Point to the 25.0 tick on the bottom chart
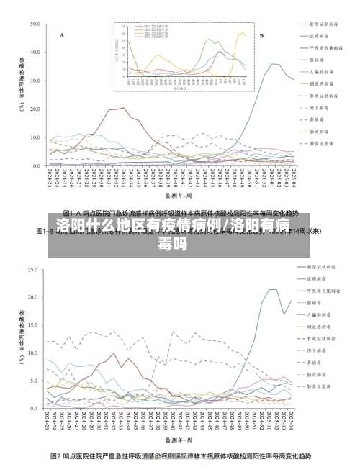coord(32,270)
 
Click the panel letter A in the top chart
coord(62,35)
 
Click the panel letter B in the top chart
coord(261,35)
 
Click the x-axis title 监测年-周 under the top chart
coord(178,194)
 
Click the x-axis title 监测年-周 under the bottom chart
coord(178,438)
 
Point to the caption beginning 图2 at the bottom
coord(180,456)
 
